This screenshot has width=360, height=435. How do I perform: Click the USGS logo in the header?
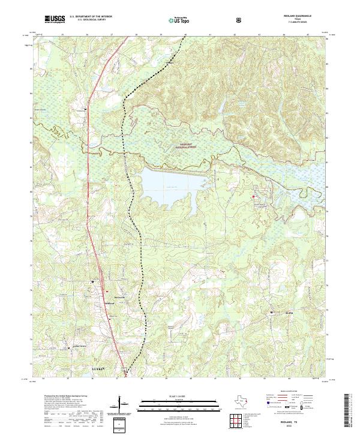point(55,20)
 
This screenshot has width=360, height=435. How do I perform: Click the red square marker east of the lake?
point(253,196)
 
